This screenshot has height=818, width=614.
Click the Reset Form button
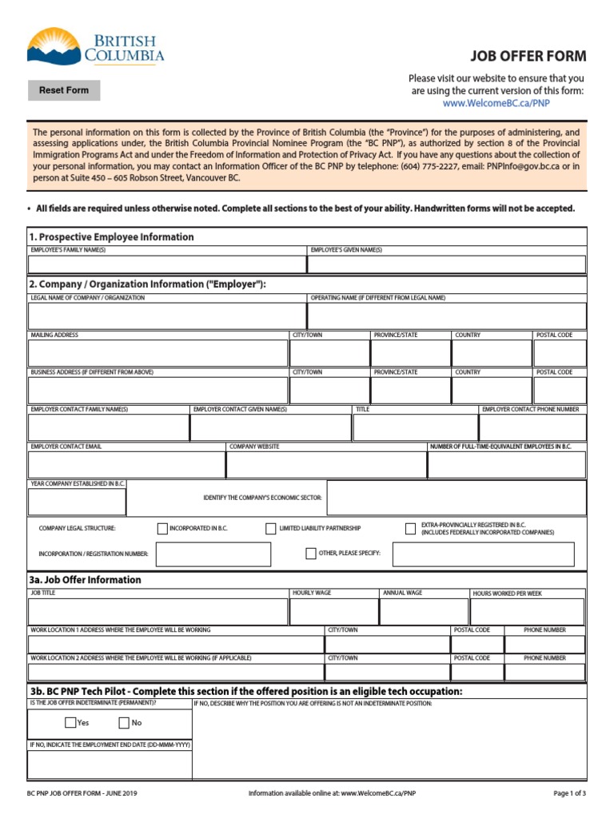pyautogui.click(x=64, y=90)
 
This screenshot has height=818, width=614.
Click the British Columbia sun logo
pyautogui.click(x=54, y=46)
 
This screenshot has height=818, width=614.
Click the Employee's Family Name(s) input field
pyautogui.click(x=167, y=264)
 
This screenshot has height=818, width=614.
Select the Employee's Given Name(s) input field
pyautogui.click(x=446, y=264)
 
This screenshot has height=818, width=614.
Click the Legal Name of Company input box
pyautogui.click(x=167, y=316)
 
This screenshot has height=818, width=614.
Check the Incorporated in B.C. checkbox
pyautogui.click(x=163, y=528)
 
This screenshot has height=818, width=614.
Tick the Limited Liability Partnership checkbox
pyautogui.click(x=271, y=528)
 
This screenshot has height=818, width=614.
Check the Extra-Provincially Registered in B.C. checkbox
pyautogui.click(x=411, y=528)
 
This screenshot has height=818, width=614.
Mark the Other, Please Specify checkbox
pyautogui.click(x=311, y=554)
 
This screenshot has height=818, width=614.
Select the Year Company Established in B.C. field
pyautogui.click(x=77, y=502)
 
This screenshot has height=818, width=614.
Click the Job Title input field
pyautogui.click(x=157, y=612)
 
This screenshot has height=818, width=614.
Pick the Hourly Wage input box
pyautogui.click(x=333, y=612)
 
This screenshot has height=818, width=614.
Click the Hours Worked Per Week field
pyautogui.click(x=527, y=612)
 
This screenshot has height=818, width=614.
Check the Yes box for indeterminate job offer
pyautogui.click(x=70, y=723)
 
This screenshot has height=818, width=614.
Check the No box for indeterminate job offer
pyautogui.click(x=124, y=723)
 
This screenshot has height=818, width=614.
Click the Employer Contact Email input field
pyautogui.click(x=126, y=465)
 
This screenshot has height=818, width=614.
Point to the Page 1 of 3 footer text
pyautogui.click(x=569, y=793)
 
